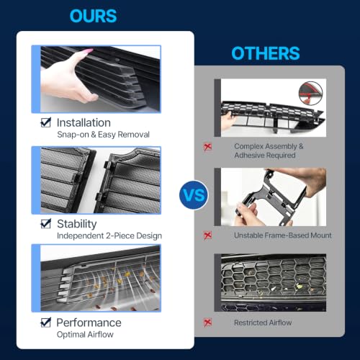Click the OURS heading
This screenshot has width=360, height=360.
click(x=93, y=16)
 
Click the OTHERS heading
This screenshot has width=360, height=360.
click(x=266, y=53)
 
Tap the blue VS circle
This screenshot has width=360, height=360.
click(x=194, y=194)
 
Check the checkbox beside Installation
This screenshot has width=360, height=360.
click(x=45, y=122)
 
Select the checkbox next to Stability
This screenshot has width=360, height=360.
click(x=45, y=224)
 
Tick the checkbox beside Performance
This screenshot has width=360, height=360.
click(x=45, y=323)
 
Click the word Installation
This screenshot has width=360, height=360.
click(x=84, y=122)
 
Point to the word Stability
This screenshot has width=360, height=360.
click(x=77, y=224)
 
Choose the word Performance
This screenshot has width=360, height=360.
click(x=89, y=323)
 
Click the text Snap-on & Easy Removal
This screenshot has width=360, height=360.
click(x=103, y=135)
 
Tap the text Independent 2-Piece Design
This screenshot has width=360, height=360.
click(x=109, y=235)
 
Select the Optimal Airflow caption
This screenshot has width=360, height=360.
click(x=85, y=334)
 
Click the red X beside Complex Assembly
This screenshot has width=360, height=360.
click(x=207, y=147)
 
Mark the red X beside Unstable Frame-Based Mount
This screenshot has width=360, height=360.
click(x=207, y=235)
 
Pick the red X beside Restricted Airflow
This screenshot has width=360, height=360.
click(x=207, y=323)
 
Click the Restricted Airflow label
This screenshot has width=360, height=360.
click(x=263, y=323)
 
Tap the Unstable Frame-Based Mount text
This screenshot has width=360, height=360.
click(x=283, y=235)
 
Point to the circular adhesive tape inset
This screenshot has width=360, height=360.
click(x=310, y=93)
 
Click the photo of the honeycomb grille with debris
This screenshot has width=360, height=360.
click(x=270, y=282)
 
